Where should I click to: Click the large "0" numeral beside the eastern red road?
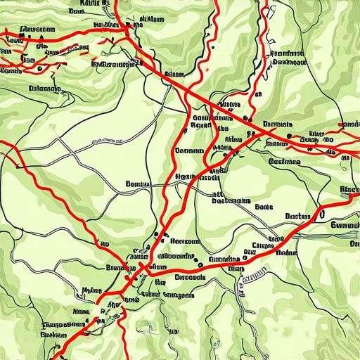tap(321, 211)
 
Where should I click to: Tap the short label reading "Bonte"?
tap(264, 207)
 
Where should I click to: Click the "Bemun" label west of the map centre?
tap(138, 184)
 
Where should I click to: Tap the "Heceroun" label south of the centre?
tap(182, 240)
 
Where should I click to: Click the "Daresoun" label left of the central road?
tap(188, 150)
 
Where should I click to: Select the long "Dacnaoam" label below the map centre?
tap(230, 200)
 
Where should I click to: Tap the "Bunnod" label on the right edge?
tap(345, 226)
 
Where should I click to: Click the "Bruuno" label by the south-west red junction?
tap(119, 268)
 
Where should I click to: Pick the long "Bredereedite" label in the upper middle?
tap(113, 65)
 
